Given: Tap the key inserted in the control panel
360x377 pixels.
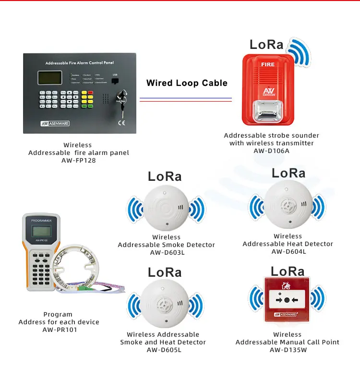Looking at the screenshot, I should coord(121,102).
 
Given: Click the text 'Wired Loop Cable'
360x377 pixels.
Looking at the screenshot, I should coord(187,83).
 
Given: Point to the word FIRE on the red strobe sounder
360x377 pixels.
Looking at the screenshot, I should coord(267,63).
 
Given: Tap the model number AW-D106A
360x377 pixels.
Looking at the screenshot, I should coord(271,151).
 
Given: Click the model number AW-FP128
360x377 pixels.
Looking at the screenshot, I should coord(78,161).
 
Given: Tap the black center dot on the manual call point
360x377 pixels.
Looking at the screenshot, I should coord(287,300).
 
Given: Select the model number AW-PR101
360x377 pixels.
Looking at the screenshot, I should coord(59,330).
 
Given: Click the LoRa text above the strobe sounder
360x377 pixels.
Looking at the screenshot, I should coord(267,45).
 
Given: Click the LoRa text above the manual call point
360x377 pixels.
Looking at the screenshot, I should coord(288,271).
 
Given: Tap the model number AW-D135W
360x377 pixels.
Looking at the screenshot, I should coord(287,350).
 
